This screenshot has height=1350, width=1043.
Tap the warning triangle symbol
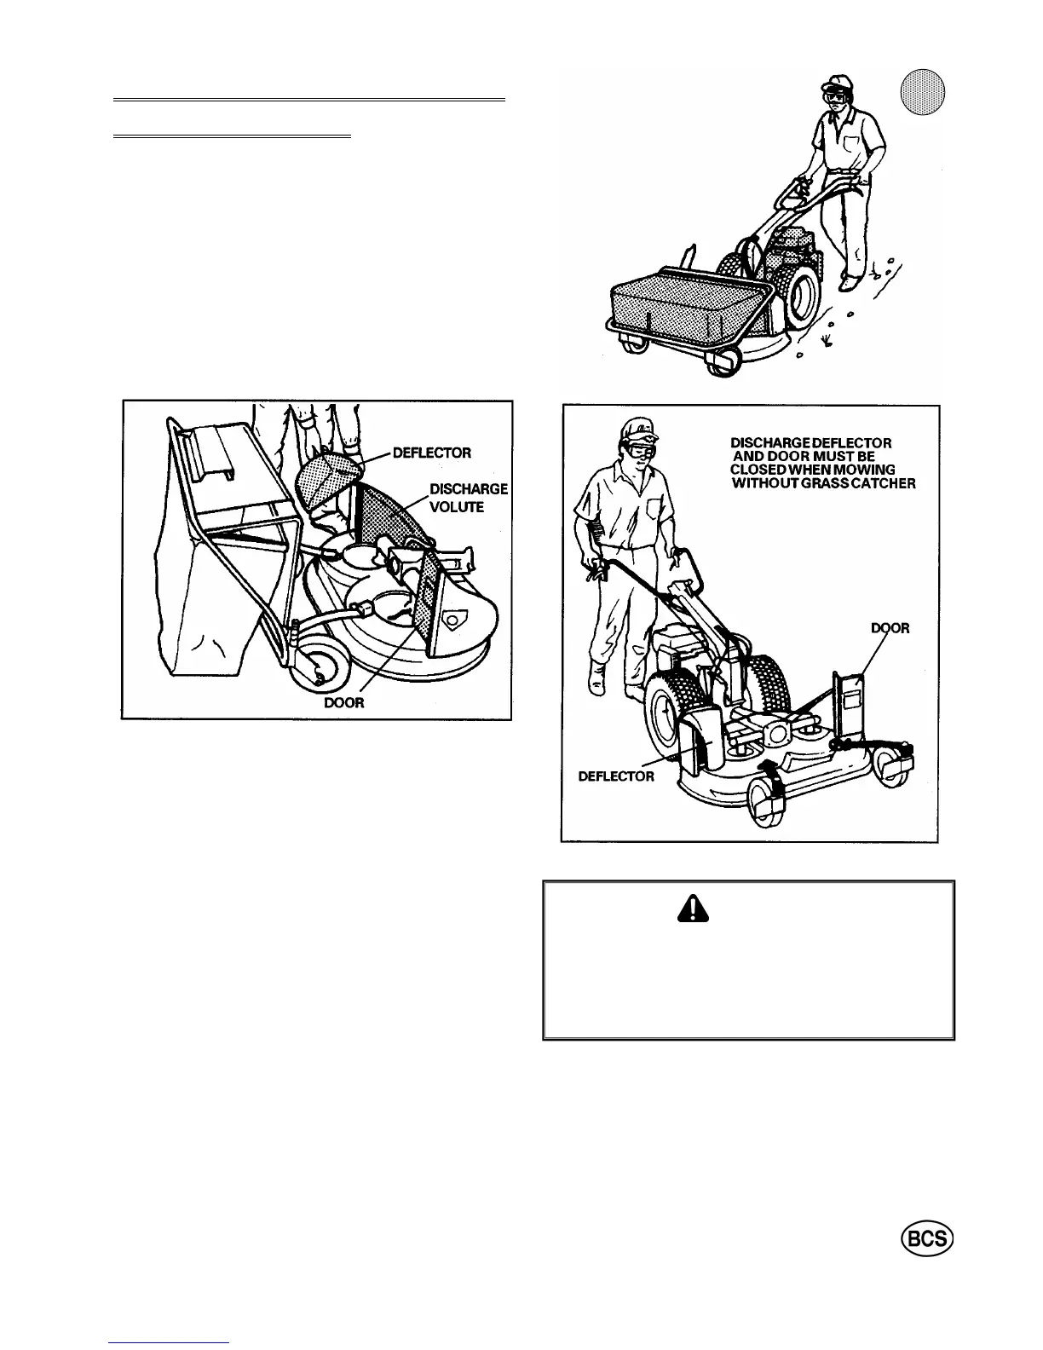(694, 911)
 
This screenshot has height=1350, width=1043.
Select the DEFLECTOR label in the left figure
(431, 452)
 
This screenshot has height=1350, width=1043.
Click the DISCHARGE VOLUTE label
(468, 498)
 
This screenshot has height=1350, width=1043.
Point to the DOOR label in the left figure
(343, 705)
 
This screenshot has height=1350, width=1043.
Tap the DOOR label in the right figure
(890, 628)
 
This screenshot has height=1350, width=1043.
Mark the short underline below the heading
(232, 136)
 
